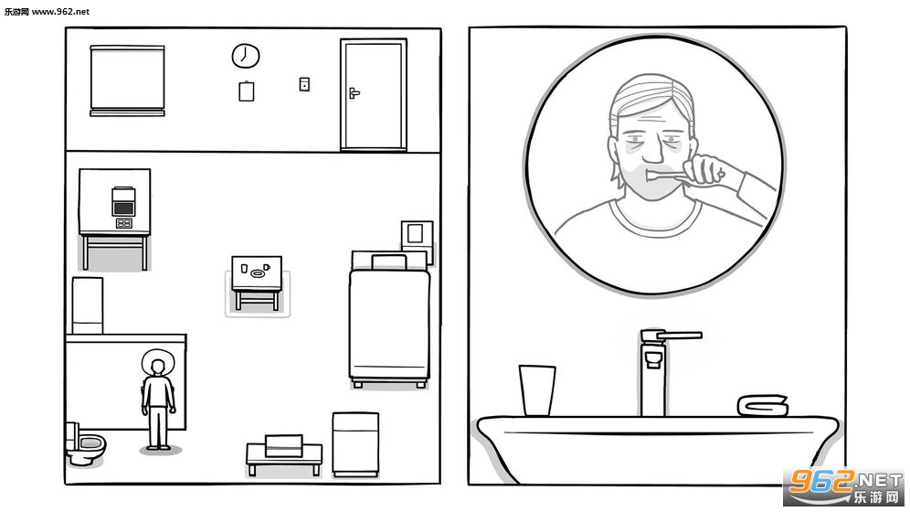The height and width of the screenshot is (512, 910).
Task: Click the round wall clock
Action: tap(246, 56)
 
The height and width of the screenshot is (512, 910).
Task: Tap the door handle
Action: tap(354, 92)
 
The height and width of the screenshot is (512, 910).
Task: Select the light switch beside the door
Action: tap(304, 84)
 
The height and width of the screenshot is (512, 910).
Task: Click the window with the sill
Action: tap(127, 80)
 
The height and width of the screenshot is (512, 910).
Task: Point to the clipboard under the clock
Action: tap(246, 91)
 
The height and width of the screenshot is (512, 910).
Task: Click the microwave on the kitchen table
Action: tap(123, 201)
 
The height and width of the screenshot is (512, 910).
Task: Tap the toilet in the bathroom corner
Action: tap(85, 444)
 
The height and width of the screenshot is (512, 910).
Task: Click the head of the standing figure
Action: tap(157, 367)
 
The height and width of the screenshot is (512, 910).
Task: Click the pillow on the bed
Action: tap(389, 262)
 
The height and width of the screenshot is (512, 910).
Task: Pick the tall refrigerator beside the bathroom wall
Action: tap(88, 305)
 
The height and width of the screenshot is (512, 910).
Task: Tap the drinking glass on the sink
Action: tap(537, 390)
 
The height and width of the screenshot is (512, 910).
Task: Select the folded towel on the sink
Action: tap(763, 405)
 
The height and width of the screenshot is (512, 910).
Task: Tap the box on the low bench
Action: tap(284, 445)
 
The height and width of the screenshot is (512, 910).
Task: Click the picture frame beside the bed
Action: tap(417, 234)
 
